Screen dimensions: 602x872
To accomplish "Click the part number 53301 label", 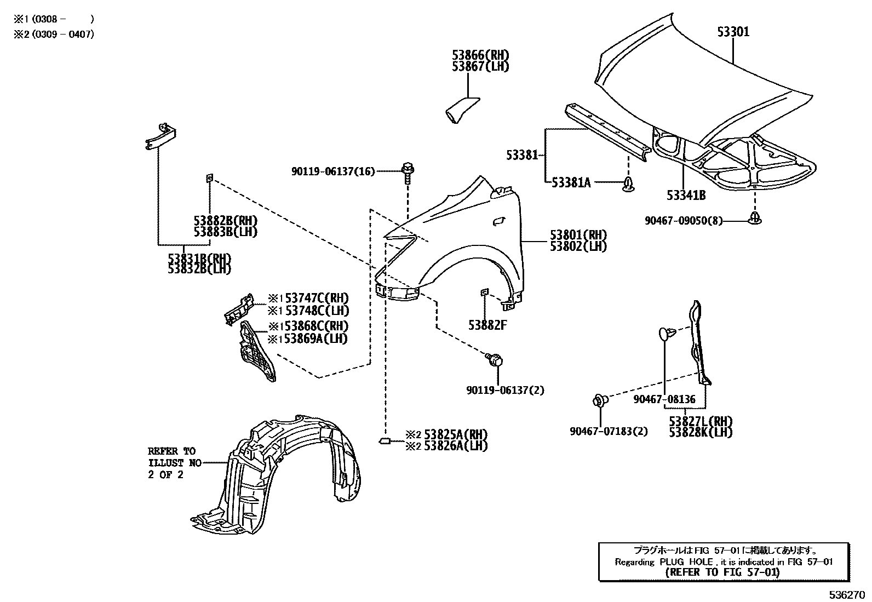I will (x=733, y=32).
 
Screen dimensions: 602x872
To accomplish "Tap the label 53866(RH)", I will (x=480, y=55).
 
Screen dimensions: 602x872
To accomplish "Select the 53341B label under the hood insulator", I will (x=686, y=195).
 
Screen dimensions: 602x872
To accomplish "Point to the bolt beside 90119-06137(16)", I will (x=407, y=171).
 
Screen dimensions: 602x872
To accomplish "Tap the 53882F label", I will (x=487, y=325).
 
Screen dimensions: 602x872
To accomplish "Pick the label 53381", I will (x=522, y=156).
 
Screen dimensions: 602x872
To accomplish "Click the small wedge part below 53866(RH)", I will (x=459, y=110).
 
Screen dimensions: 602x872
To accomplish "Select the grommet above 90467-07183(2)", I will (x=600, y=401).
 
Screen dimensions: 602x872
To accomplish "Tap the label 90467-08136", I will (x=664, y=399).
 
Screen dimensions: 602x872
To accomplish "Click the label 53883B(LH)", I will (x=225, y=232).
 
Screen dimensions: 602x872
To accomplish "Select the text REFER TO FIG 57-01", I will (x=723, y=572).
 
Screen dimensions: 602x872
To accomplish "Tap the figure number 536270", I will (x=846, y=594).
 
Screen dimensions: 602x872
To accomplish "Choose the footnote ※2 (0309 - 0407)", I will (x=54, y=34).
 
